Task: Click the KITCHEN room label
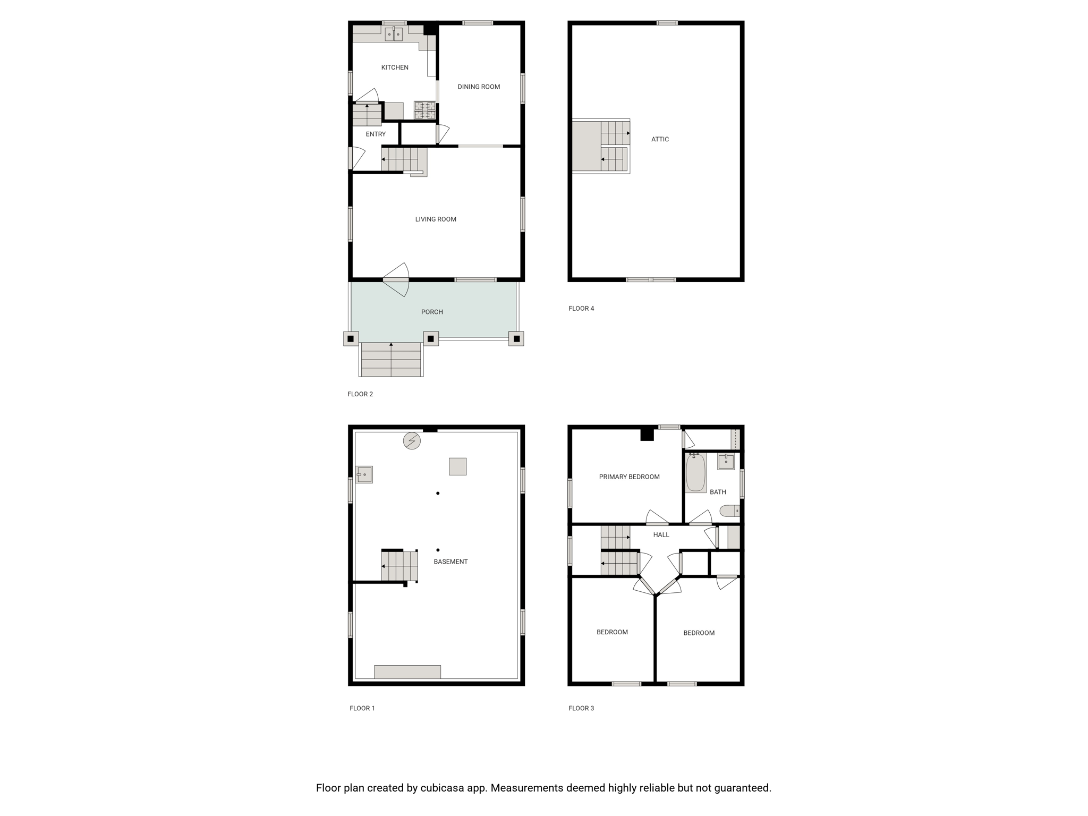[x=395, y=67]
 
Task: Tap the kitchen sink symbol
[x=394, y=34]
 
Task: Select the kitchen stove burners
[x=425, y=110]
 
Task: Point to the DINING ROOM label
[x=479, y=87]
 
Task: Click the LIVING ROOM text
[x=436, y=219]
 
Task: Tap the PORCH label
[x=432, y=312]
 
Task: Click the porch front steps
[x=391, y=360]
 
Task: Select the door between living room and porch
[x=396, y=279]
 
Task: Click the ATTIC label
[x=660, y=139]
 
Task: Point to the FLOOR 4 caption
[x=581, y=308]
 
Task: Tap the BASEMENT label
[x=450, y=562]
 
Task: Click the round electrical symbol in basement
[x=412, y=441]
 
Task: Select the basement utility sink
[x=364, y=474]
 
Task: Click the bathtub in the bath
[x=695, y=472]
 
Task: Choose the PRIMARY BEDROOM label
[x=630, y=477]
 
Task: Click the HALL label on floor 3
[x=661, y=535]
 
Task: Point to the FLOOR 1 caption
[x=362, y=708]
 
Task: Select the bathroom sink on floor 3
[x=726, y=461]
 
